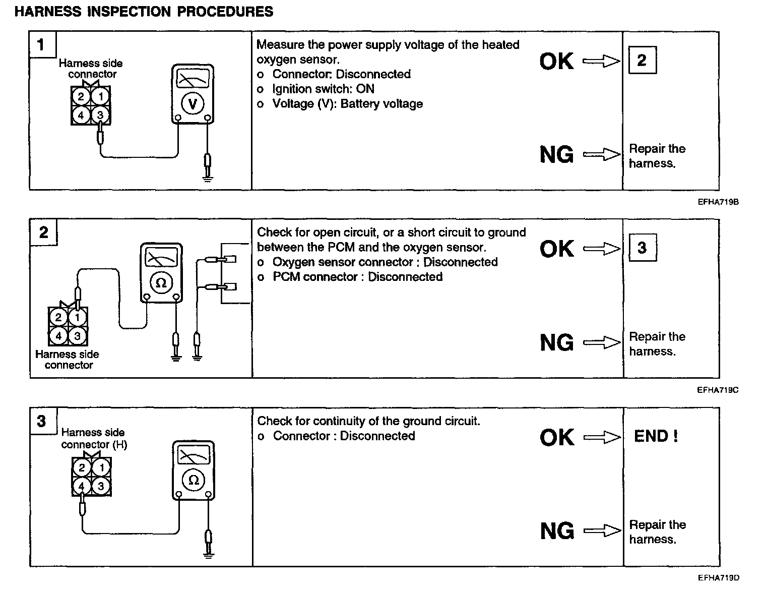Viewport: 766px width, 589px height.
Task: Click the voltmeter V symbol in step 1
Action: pos(192,104)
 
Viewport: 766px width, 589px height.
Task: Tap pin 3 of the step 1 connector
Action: pos(100,115)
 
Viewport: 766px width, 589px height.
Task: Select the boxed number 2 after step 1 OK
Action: pos(642,61)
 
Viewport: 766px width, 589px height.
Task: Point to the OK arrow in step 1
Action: pos(601,62)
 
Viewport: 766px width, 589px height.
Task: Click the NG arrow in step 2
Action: pos(601,343)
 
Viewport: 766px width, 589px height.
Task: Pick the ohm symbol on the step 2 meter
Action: pos(161,283)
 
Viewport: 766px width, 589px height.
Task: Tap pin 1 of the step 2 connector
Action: pos(77,317)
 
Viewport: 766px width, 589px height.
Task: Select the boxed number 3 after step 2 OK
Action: pos(642,248)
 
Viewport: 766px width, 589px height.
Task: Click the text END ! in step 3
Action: pos(656,436)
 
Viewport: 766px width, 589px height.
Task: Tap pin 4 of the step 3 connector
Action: pos(82,486)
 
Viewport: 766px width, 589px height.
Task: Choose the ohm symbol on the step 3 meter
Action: pos(193,480)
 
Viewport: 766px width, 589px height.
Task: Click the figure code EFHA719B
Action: pos(718,202)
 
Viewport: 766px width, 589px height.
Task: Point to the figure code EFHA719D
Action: pos(718,578)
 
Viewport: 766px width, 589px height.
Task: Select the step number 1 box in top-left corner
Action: pos(41,45)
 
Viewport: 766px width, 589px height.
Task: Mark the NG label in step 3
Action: pos(557,531)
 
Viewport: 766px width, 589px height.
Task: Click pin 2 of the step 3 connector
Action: pos(82,467)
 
